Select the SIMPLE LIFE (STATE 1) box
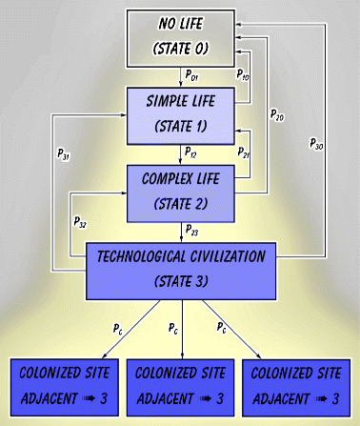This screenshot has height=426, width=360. (179, 112)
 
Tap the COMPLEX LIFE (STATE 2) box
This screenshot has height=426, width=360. (180, 191)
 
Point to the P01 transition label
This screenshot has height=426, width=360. (192, 73)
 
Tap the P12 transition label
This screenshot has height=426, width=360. (191, 151)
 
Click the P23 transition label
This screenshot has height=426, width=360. (191, 230)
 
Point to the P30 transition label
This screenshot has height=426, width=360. (316, 143)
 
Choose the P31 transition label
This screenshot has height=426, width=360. (63, 153)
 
